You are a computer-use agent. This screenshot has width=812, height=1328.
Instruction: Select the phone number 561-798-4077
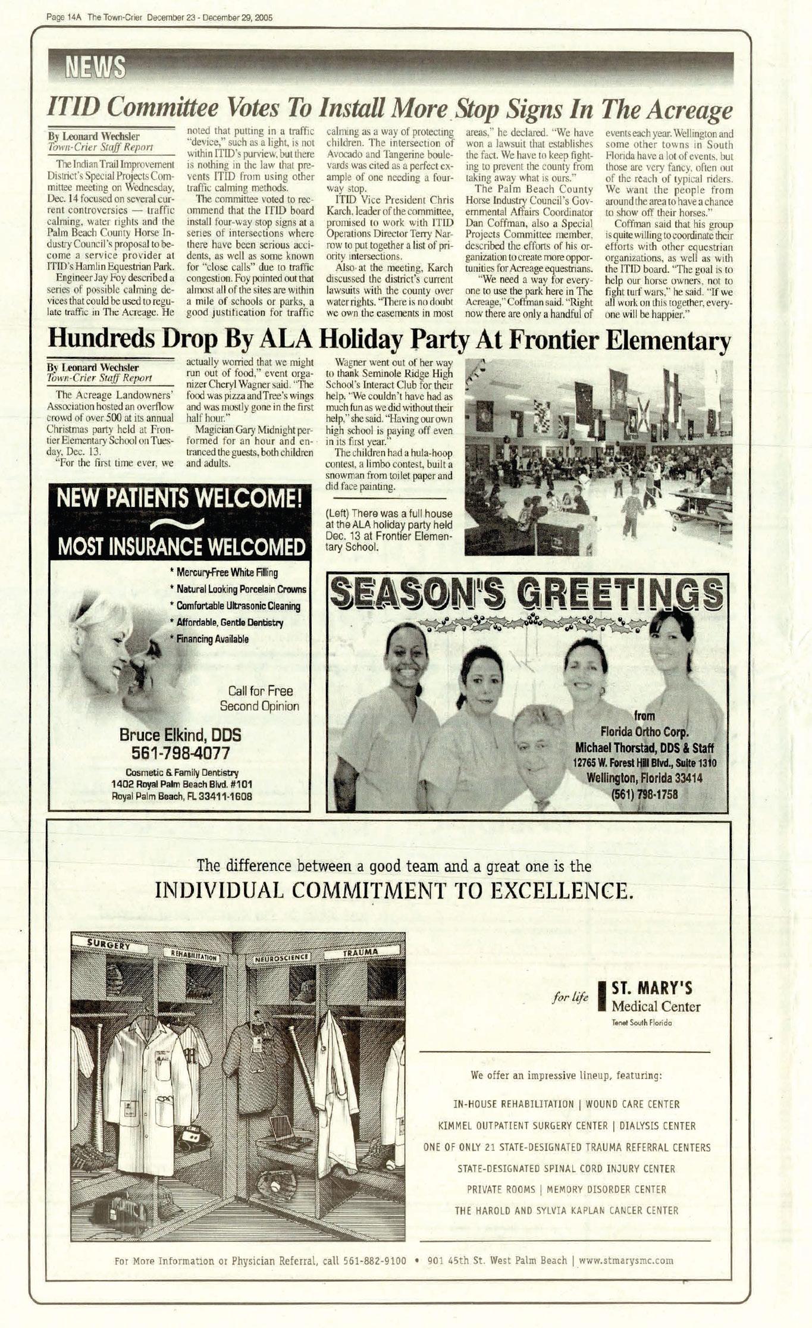pyautogui.click(x=180, y=753)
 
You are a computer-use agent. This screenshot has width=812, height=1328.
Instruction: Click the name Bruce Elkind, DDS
pyautogui.click(x=180, y=735)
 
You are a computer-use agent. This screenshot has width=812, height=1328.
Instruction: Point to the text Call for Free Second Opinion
pyautogui.click(x=260, y=699)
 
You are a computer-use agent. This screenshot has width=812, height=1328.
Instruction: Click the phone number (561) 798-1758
pyautogui.click(x=644, y=793)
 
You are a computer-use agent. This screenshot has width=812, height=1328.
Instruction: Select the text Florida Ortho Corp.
pyautogui.click(x=644, y=731)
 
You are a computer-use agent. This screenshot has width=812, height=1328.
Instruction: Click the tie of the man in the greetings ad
pyautogui.click(x=541, y=805)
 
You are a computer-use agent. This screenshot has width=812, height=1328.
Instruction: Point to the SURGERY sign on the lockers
pyautogui.click(x=109, y=945)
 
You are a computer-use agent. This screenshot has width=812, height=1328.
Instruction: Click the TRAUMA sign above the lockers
pyautogui.click(x=360, y=953)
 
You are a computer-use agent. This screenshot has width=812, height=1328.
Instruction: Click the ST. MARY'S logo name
pyautogui.click(x=652, y=989)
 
